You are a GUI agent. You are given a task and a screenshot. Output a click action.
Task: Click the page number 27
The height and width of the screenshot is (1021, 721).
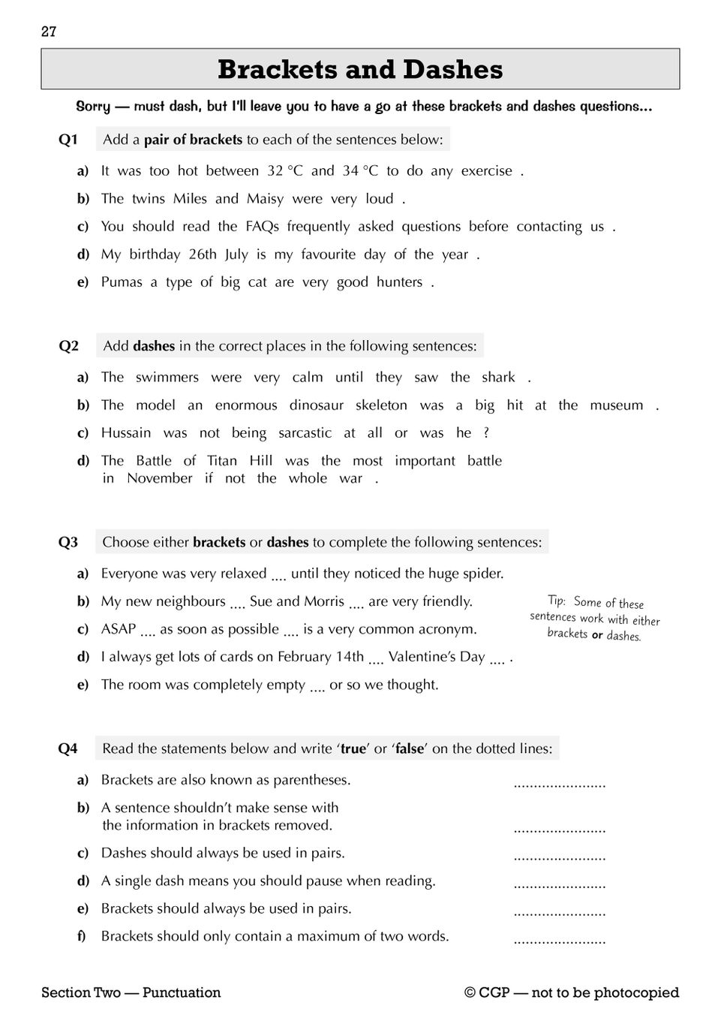point(49,32)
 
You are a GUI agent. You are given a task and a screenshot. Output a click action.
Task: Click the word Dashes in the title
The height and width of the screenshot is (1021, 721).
point(452,70)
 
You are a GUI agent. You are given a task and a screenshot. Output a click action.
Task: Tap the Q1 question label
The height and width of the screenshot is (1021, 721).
point(68,140)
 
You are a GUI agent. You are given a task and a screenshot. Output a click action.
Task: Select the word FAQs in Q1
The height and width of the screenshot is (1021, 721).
point(262,227)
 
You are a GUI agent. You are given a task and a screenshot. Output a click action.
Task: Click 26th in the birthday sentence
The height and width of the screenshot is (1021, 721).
point(203,254)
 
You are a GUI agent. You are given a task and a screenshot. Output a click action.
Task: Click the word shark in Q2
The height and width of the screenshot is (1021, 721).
point(498,378)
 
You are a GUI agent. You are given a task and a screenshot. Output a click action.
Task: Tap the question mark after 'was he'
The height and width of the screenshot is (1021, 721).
point(486,433)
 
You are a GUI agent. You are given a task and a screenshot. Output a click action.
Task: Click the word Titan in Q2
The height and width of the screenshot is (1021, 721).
point(222,461)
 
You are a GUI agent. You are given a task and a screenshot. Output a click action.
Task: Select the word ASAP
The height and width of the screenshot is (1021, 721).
point(119,629)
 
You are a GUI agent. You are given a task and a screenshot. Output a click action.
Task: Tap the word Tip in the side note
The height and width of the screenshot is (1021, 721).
point(556,601)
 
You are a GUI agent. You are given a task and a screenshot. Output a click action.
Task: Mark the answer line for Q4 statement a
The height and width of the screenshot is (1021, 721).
point(559,786)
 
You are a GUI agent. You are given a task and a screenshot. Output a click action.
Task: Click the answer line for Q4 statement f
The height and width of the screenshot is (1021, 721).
point(559,941)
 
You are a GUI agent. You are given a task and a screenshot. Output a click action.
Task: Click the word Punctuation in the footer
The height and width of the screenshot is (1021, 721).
point(182,992)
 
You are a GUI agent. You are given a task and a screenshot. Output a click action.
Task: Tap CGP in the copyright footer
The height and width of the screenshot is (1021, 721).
point(494,992)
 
